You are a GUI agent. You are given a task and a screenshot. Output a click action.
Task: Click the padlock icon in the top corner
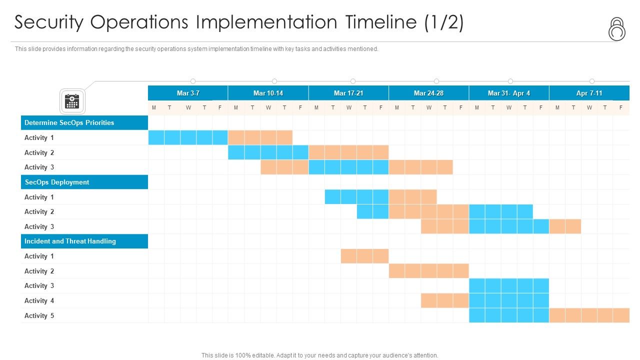tap(617, 29)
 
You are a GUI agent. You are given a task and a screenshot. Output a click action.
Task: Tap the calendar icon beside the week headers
tap(72, 101)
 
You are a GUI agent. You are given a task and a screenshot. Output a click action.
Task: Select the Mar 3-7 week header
tap(188, 93)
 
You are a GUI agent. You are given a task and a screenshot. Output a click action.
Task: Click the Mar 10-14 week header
tap(268, 93)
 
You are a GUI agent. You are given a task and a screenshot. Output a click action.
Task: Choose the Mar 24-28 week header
tap(428, 93)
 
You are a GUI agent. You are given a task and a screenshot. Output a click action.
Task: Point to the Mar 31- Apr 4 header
tap(509, 93)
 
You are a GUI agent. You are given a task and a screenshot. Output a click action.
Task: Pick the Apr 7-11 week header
tap(589, 93)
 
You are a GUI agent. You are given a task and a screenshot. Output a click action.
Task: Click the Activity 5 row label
tap(39, 315)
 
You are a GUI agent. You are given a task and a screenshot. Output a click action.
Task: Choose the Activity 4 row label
tap(39, 300)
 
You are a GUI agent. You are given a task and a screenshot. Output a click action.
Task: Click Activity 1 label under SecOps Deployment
tap(39, 197)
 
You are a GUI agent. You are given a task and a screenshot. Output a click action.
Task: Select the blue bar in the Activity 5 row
tap(509, 315)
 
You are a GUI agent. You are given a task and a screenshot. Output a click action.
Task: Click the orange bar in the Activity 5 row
tap(589, 315)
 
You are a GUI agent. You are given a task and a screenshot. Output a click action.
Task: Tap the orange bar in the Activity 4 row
tap(445, 300)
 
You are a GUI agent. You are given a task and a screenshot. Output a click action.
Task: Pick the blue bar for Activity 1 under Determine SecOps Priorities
tap(188, 137)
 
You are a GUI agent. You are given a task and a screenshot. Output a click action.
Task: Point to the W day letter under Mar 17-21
tap(348, 107)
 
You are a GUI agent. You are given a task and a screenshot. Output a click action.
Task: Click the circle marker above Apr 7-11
tap(592, 81)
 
